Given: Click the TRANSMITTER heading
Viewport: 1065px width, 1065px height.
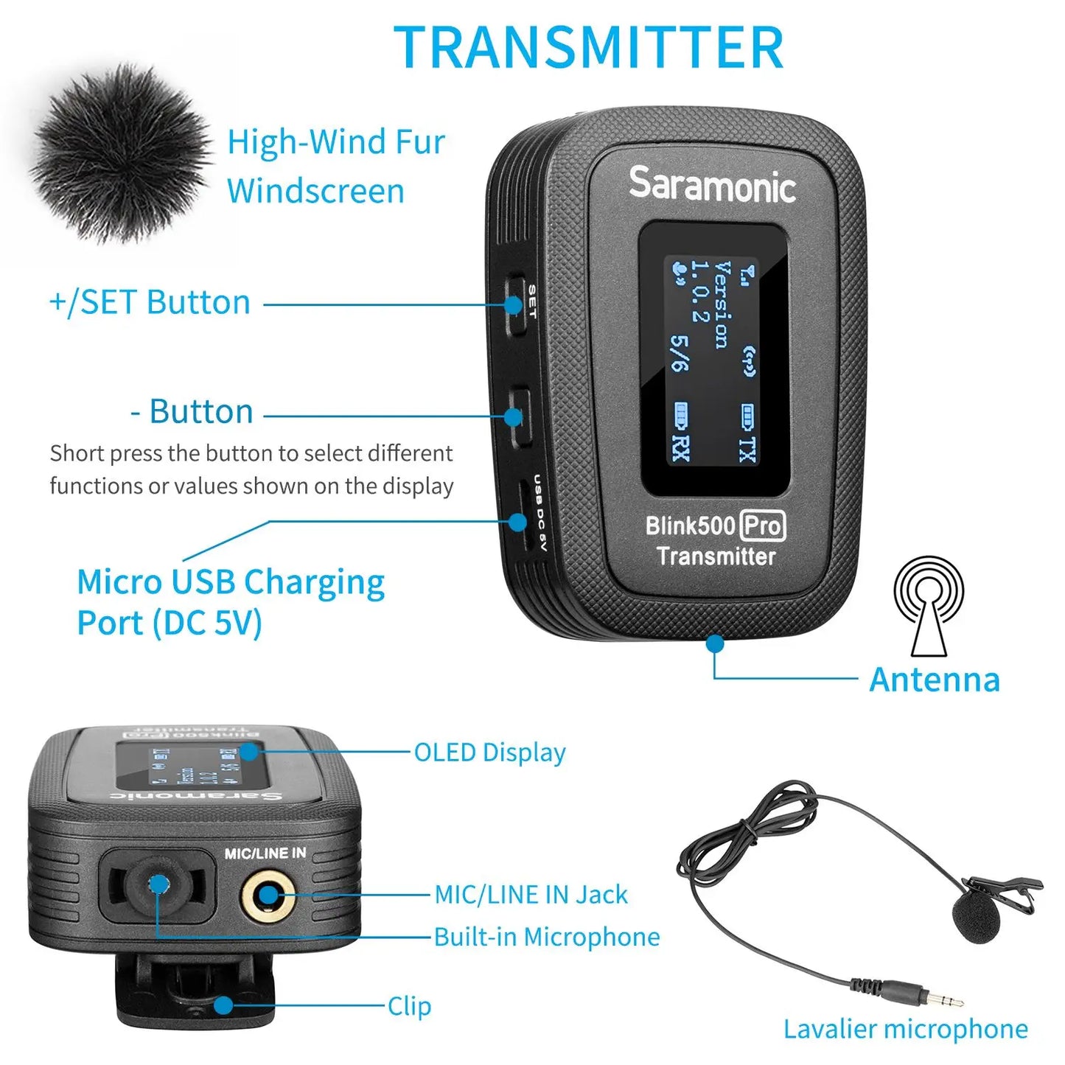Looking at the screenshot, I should coord(588,47).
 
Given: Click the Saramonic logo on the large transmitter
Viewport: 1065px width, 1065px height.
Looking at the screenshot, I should coord(712,184).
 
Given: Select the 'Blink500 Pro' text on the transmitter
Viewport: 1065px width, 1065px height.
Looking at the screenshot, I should coord(715,525).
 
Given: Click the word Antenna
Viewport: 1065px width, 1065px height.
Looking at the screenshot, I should coord(934,680).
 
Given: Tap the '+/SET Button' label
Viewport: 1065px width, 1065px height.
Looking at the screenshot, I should coord(150,302).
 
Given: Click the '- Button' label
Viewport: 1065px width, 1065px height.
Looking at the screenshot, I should coord(192,411).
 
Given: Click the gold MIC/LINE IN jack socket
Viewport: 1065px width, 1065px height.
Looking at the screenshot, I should coord(268,896).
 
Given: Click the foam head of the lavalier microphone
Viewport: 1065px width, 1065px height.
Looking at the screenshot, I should coord(976,917).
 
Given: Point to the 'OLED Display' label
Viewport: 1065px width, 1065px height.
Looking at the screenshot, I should coord(489,753).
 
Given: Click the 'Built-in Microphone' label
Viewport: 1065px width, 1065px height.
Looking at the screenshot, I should coord(546,937).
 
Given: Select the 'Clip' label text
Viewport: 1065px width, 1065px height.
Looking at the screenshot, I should coord(409,1006).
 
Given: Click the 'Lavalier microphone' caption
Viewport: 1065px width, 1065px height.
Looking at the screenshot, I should coord(905,1029).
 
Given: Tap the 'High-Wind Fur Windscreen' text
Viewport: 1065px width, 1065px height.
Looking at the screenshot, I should coord(335,166).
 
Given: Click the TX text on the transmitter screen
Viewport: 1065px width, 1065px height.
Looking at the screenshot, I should coord(747,449).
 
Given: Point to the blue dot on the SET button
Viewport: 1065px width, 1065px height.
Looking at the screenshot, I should coord(514,304).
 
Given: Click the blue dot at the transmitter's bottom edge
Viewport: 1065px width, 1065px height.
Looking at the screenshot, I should coord(714,643).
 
